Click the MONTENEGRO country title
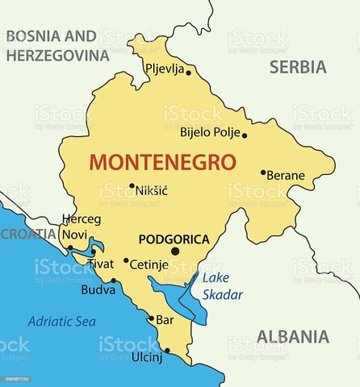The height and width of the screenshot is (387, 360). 162,161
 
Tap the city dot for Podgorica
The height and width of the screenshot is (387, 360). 175,251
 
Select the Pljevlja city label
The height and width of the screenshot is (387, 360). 165,69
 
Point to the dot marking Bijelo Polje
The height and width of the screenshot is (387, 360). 245,135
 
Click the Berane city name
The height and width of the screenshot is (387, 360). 287,175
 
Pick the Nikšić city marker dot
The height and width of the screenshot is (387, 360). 132,185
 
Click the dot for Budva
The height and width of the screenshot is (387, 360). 114,281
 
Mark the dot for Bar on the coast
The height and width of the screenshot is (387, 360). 151,318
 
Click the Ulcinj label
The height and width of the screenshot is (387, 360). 147,358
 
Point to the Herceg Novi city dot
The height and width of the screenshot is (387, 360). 70,248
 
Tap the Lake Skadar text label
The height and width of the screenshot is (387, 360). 222,286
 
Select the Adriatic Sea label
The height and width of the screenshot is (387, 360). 61,321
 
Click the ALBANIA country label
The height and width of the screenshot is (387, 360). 293,336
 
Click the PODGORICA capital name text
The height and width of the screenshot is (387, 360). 174,239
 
